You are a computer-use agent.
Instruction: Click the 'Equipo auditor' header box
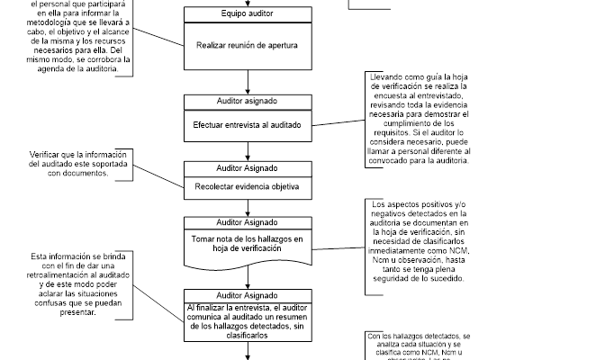(247, 15)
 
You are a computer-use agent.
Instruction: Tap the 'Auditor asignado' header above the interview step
(247, 102)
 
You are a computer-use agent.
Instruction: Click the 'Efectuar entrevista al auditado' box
(247, 125)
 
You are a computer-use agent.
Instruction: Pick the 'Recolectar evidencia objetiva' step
(247, 188)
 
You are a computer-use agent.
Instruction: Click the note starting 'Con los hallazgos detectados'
(420, 346)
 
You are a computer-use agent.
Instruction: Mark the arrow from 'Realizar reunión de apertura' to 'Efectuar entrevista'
(247, 82)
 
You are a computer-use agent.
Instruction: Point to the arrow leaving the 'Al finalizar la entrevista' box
(247, 353)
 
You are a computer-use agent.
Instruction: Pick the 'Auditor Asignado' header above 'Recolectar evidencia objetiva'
(247, 167)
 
